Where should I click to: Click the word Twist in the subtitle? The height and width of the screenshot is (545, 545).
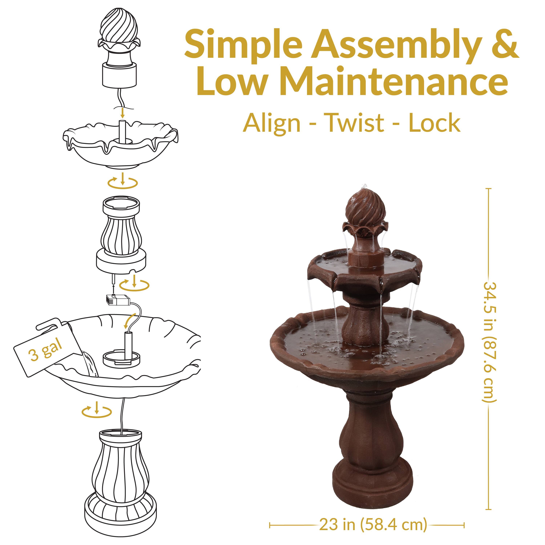coord(355,123)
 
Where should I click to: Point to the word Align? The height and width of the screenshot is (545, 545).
coord(271,123)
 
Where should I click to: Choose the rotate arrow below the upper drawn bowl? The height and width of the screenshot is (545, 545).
coord(123,182)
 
